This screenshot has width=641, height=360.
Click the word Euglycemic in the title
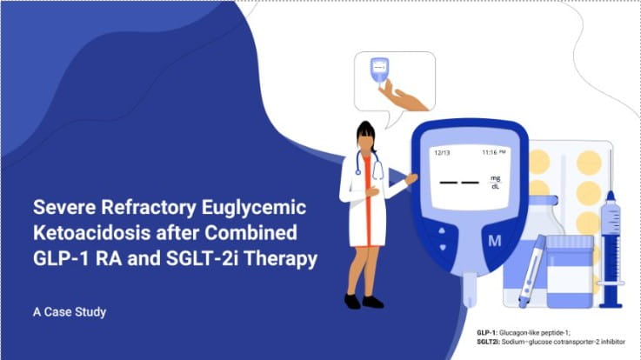[254, 208]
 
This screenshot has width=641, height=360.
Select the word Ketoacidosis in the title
[91, 232]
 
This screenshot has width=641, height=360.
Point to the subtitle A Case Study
[70, 312]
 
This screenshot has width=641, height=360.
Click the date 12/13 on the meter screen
[442, 153]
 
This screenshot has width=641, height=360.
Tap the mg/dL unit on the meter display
[495, 183]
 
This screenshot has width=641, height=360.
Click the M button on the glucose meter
[495, 241]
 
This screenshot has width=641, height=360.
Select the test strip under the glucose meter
[470, 290]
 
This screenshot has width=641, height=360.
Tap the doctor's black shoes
[364, 302]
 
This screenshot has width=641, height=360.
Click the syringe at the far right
[611, 250]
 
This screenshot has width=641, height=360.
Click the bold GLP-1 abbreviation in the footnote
[487, 333]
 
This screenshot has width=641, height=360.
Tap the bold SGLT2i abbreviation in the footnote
[488, 342]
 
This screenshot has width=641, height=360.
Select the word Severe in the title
[64, 207]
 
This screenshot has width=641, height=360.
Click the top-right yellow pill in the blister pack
[589, 163]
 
